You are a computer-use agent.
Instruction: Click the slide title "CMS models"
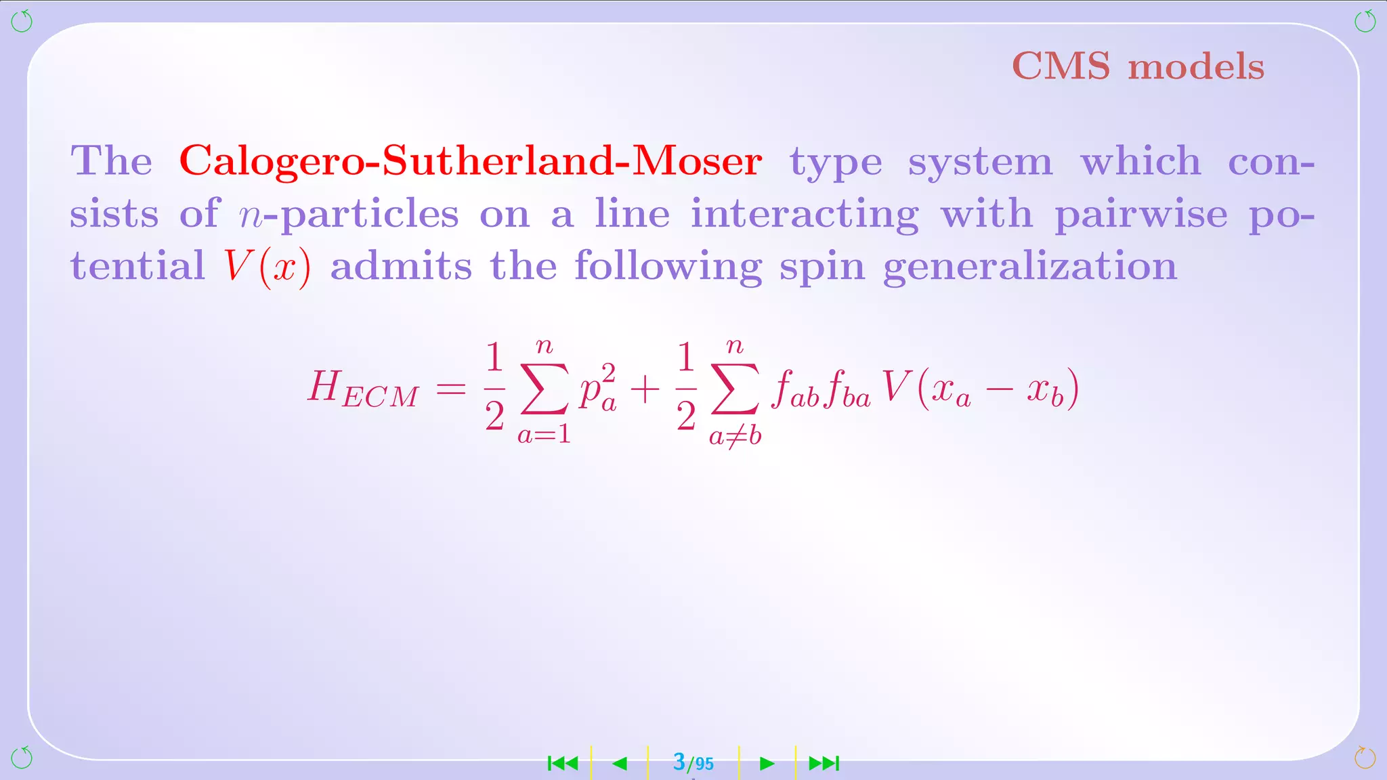[x=1138, y=66]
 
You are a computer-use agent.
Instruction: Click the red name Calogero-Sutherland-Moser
[x=471, y=161]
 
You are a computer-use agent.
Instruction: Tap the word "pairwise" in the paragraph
[x=1140, y=214]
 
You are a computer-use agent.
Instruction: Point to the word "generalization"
[x=1029, y=266]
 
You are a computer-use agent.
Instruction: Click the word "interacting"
[x=805, y=214]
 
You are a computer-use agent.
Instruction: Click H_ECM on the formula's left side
[x=362, y=390]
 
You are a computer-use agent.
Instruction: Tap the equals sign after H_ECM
[x=451, y=389]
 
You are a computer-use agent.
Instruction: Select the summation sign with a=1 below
[x=544, y=389]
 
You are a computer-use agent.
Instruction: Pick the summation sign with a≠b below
[x=735, y=389]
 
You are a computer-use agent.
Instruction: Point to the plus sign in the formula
[x=645, y=390]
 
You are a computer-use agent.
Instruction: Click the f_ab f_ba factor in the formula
[x=821, y=391]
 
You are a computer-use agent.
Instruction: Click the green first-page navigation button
[x=563, y=764]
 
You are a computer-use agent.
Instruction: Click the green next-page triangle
[x=767, y=764]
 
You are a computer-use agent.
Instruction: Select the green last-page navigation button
[x=824, y=764]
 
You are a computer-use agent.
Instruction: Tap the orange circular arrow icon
[x=1365, y=758]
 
